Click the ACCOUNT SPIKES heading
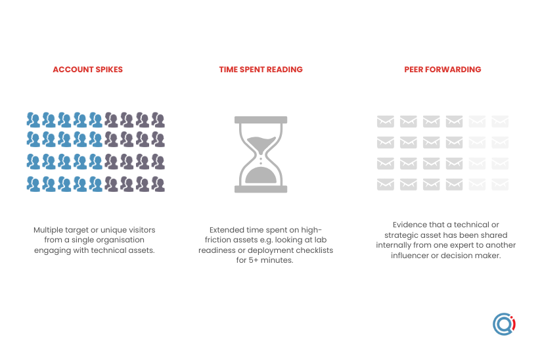87,70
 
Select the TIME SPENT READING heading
261,70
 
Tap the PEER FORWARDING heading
442,70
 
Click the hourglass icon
261,154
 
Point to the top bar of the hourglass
261,120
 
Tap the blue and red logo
504,324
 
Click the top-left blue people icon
34,120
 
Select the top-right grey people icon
158,120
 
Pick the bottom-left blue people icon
34,184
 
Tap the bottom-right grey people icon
158,184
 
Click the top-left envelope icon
386,122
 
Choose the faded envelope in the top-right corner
500,122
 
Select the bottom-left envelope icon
386,185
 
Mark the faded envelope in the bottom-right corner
500,185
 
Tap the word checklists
315,250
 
